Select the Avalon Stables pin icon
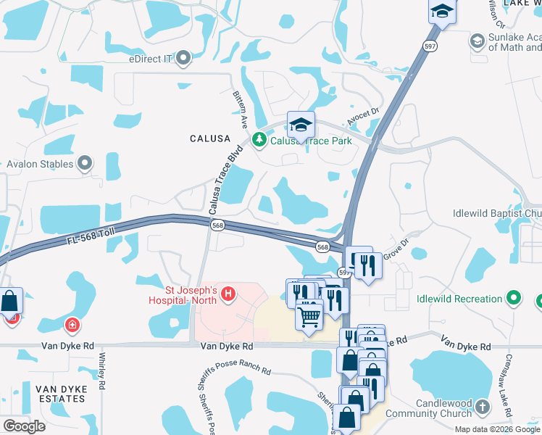(86, 164)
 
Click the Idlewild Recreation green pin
(514, 299)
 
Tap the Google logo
(24, 426)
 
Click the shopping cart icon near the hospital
(309, 315)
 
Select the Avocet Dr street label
(365, 112)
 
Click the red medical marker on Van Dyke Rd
(72, 325)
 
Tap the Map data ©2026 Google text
(497, 429)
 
